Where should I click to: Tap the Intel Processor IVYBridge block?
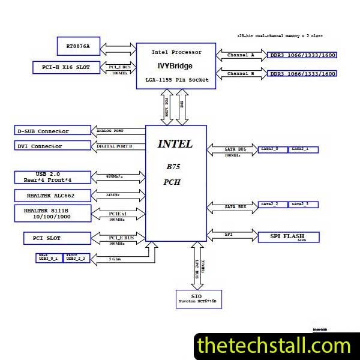pos(176,66)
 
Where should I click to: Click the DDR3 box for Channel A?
pos(302,55)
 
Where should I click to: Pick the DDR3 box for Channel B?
pos(302,74)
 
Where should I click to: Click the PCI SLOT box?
pos(59,239)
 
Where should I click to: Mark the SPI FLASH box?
pos(289,236)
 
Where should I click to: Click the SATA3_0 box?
pos(273,149)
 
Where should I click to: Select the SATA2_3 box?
pos(304,205)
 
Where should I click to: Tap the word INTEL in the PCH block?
pos(175,144)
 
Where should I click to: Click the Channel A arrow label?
pos(241,55)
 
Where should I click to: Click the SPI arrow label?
pos(229,234)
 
